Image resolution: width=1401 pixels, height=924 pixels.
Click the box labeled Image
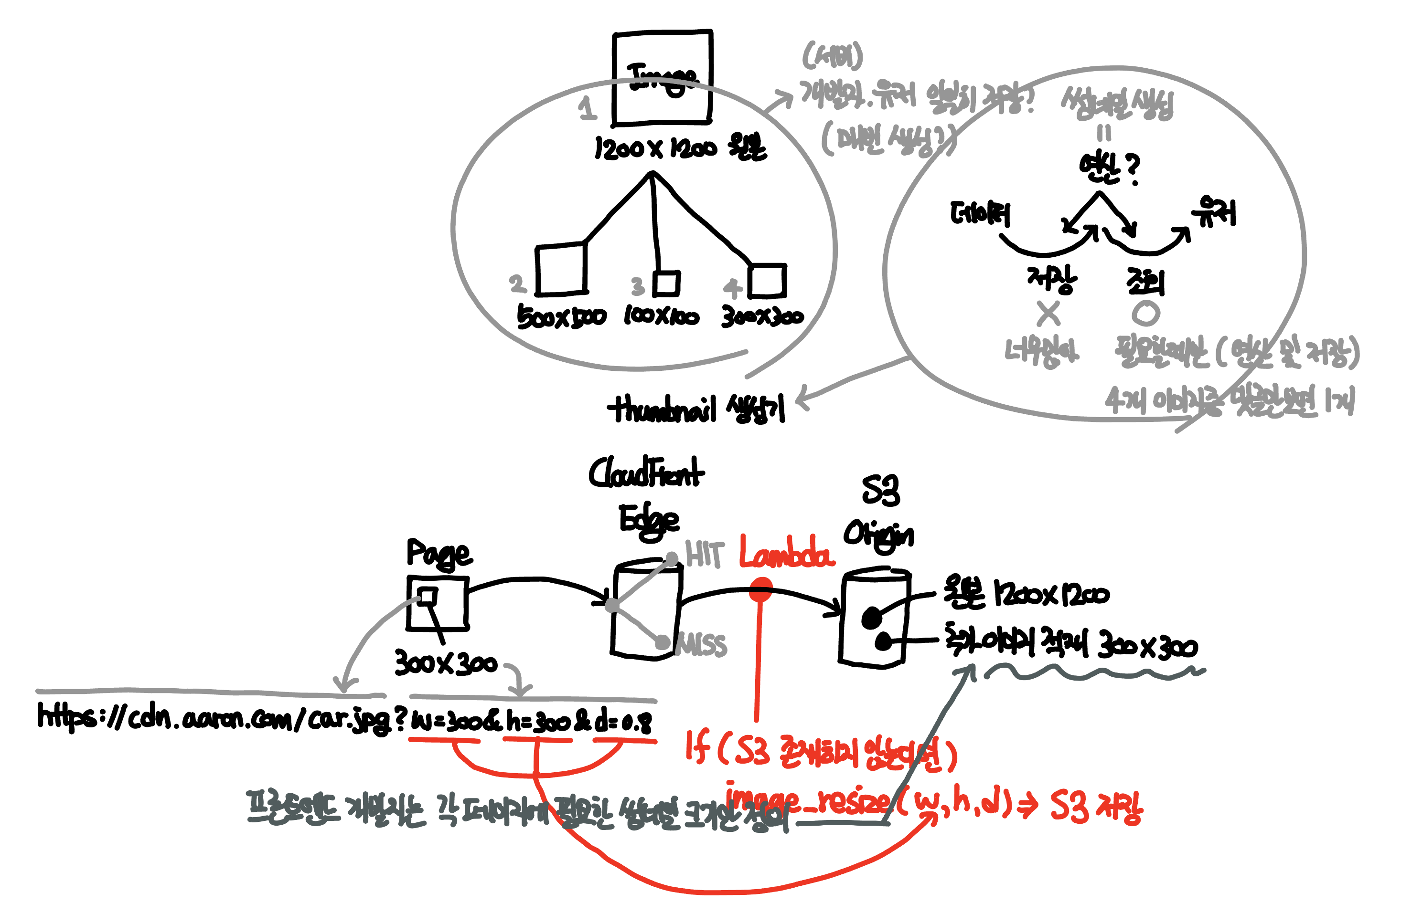coord(662,78)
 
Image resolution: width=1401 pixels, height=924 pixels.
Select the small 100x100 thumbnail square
coord(667,283)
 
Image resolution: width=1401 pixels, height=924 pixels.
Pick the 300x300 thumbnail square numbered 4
coord(767,281)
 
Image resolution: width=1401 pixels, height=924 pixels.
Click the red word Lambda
coord(787,553)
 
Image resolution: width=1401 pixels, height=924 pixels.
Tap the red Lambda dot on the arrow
coord(760,590)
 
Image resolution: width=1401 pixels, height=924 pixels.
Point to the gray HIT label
coord(704,555)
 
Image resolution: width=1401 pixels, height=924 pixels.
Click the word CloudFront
coord(646,473)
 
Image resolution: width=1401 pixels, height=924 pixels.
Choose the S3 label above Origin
coord(880,490)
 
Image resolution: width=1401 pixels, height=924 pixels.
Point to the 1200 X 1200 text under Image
coord(654,148)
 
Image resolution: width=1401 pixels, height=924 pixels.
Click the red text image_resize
coord(808,801)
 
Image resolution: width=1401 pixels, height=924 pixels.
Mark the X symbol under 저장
coord(1048,314)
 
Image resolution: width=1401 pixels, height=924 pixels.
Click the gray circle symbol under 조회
coord(1145,314)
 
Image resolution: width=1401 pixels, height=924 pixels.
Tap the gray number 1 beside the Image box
coord(587,108)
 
